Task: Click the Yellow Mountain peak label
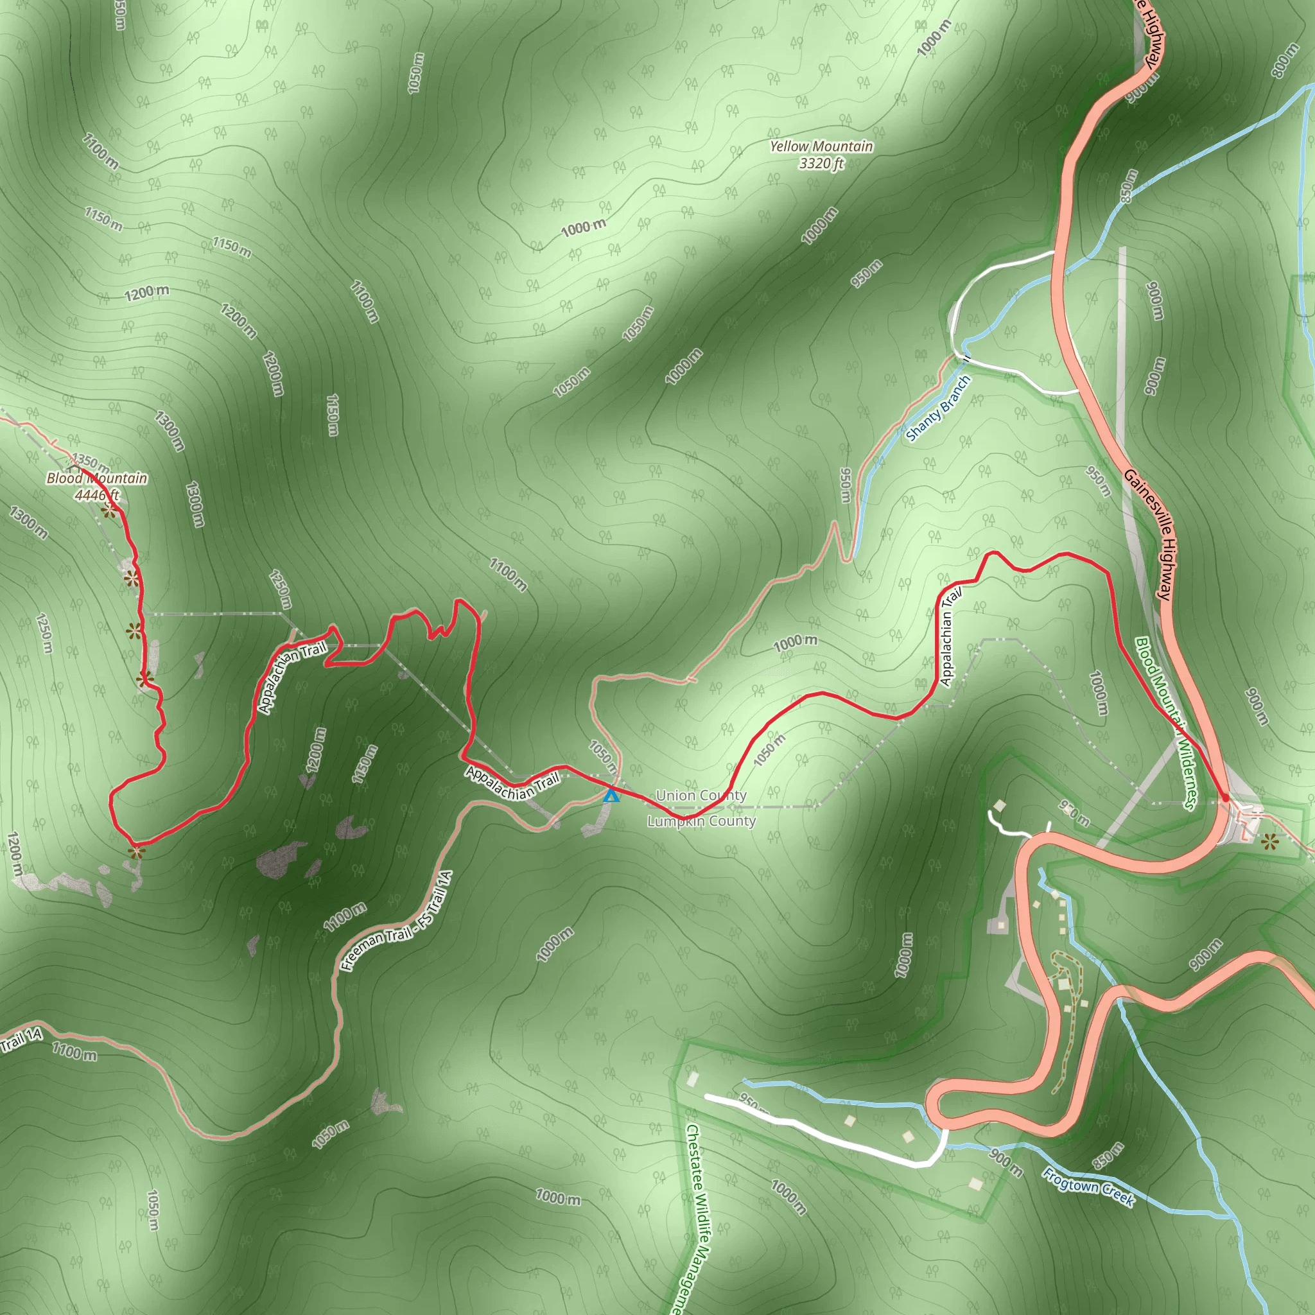click(821, 146)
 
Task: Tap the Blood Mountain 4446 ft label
click(97, 486)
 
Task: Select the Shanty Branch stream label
click(938, 409)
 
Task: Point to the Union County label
click(701, 795)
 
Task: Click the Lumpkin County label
click(701, 821)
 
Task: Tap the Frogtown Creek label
click(1088, 1187)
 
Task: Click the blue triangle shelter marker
click(611, 794)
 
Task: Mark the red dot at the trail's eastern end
click(1225, 797)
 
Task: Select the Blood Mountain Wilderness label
click(1165, 723)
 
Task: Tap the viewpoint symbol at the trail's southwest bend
click(137, 851)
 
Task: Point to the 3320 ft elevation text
click(821, 163)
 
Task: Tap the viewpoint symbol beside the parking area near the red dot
click(1269, 842)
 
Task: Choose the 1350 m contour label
click(90, 461)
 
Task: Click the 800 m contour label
click(1285, 60)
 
